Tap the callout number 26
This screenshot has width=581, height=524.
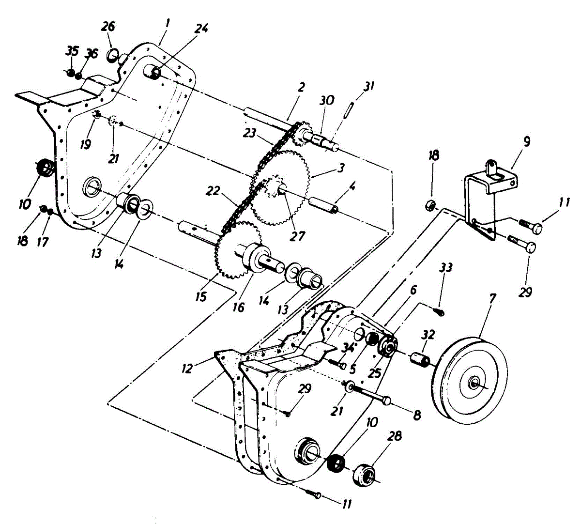pos(108,27)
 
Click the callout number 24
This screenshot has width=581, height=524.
pos(201,29)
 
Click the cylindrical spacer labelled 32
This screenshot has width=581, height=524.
pos(420,361)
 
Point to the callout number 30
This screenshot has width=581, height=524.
pos(327,100)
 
